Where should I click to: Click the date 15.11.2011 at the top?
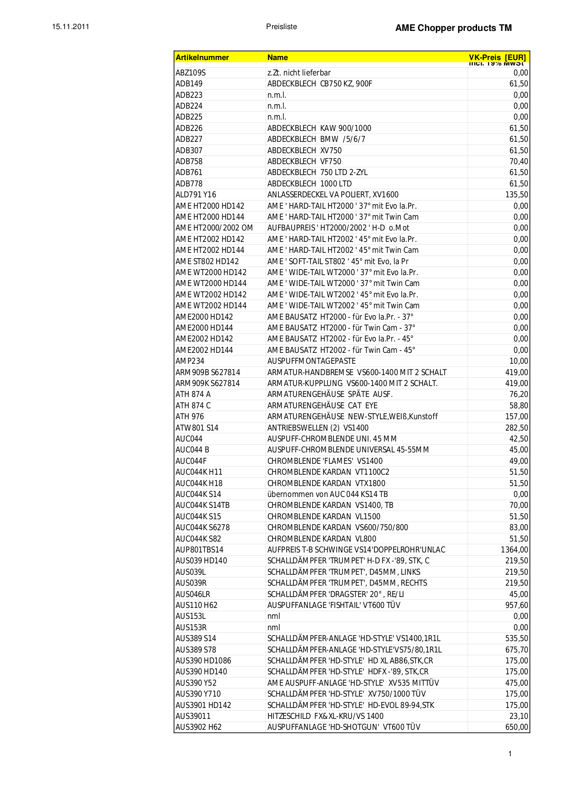(x=70, y=26)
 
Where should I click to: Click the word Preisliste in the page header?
(x=282, y=26)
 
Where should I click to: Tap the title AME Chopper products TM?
(x=453, y=28)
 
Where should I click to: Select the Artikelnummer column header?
(x=202, y=57)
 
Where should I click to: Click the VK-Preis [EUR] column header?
(x=497, y=57)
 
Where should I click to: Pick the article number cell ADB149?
(x=189, y=84)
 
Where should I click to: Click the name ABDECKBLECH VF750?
(x=304, y=161)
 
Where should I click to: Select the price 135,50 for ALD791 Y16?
(x=517, y=195)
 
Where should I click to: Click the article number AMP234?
(x=190, y=361)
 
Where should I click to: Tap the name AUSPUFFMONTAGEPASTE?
(x=312, y=361)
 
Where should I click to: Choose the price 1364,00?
(x=514, y=550)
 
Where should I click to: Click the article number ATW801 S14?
(x=197, y=428)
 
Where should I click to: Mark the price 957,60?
(x=517, y=605)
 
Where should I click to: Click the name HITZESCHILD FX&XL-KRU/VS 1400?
(x=325, y=716)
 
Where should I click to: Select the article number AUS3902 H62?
(x=198, y=727)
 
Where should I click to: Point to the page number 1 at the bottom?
(x=510, y=754)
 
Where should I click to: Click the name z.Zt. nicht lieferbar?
(x=299, y=73)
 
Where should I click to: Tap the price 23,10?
(x=519, y=716)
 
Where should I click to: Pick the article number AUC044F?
(x=191, y=461)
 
